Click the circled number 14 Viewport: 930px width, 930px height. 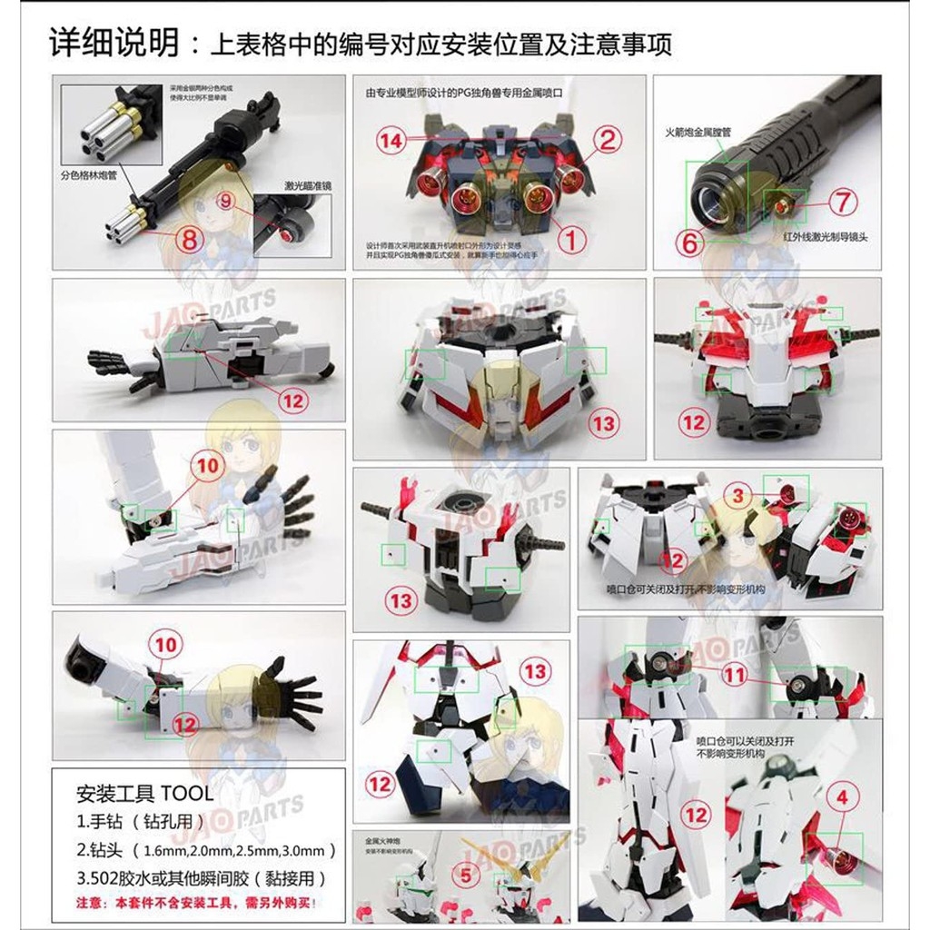tap(391, 141)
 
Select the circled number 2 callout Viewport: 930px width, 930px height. tap(607, 140)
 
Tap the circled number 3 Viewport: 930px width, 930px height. tap(738, 495)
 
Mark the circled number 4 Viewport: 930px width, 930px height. tap(845, 798)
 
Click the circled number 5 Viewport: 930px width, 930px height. tap(466, 876)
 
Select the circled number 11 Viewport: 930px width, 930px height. tap(734, 673)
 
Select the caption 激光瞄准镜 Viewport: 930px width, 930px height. tap(308, 186)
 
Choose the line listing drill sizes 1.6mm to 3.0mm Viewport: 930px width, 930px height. tap(206, 850)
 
